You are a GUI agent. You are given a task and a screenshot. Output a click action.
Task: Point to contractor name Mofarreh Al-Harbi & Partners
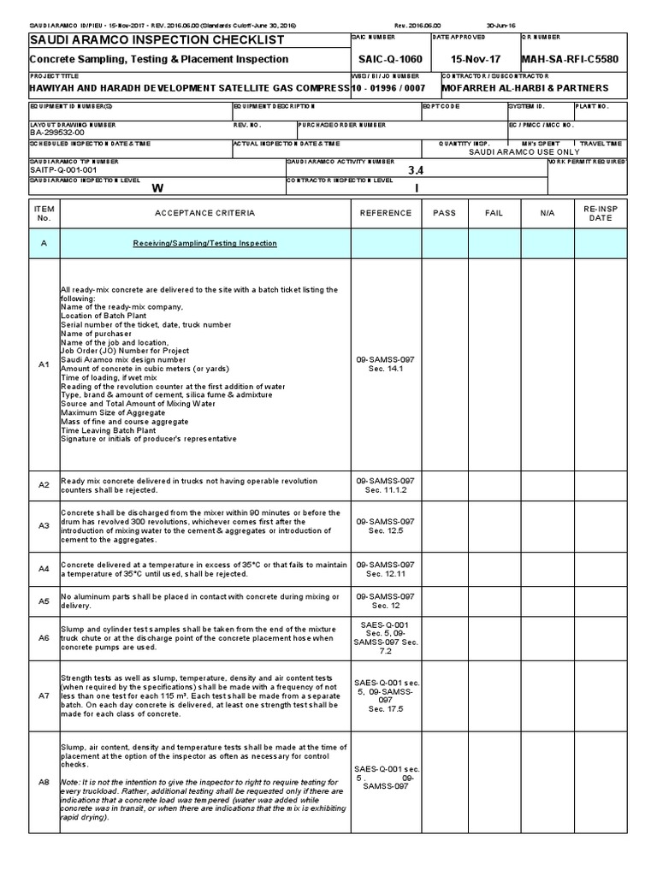coord(524,88)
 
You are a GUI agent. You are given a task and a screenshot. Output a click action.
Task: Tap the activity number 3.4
coord(416,170)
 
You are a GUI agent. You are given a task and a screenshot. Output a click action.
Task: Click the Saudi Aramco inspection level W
coord(157,188)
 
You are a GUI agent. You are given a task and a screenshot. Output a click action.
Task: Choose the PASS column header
coord(444,213)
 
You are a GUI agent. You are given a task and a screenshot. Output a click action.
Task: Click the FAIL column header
coord(494,213)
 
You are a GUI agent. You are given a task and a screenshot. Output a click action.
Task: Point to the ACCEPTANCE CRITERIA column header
coord(204,213)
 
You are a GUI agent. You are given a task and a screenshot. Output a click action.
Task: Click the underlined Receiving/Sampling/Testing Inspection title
coord(204,243)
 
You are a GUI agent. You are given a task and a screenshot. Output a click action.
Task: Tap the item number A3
coord(44,525)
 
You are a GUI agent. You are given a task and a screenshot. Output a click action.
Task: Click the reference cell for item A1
coord(385,364)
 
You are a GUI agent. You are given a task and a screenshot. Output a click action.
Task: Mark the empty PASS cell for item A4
coord(444,569)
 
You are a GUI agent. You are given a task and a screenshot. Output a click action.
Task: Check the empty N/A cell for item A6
coord(548,637)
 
